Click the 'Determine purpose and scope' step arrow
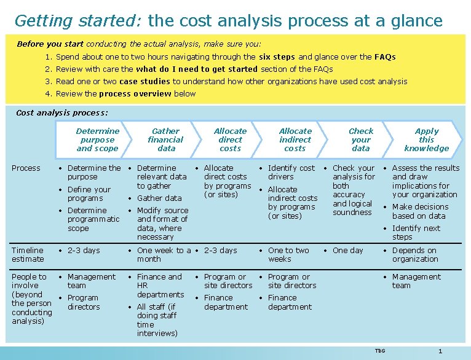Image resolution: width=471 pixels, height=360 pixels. coord(97,139)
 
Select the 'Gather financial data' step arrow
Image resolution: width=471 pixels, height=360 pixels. coord(165,139)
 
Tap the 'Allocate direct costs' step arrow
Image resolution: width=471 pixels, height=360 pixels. coord(230,139)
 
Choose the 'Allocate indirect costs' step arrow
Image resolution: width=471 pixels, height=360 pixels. coord(295,139)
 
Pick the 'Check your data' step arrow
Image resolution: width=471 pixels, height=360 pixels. coord(361,139)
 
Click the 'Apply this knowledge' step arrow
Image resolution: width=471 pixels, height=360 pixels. coord(426,139)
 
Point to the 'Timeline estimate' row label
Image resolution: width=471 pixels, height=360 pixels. coord(28,254)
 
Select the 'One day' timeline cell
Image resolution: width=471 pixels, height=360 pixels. coord(348,251)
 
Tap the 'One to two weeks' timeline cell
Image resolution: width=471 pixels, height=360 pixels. coord(288,254)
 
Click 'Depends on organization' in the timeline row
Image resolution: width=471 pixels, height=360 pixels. coord(415,254)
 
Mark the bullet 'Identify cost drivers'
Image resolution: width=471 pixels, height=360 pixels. coord(291,172)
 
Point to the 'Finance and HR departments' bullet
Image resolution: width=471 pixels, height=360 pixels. coord(160,286)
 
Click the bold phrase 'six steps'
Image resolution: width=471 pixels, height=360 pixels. coord(277,57)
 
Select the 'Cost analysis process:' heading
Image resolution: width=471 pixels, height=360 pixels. coord(61,112)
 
